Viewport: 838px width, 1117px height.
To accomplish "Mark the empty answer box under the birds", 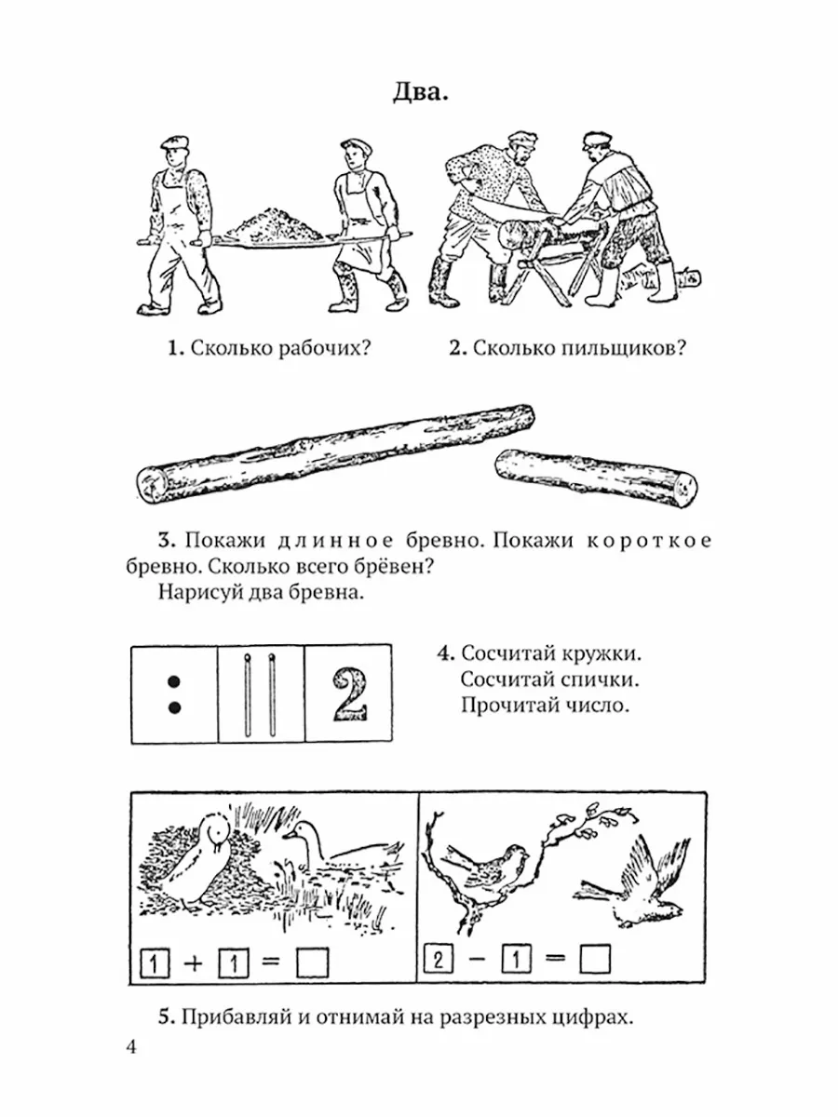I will tap(593, 958).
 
